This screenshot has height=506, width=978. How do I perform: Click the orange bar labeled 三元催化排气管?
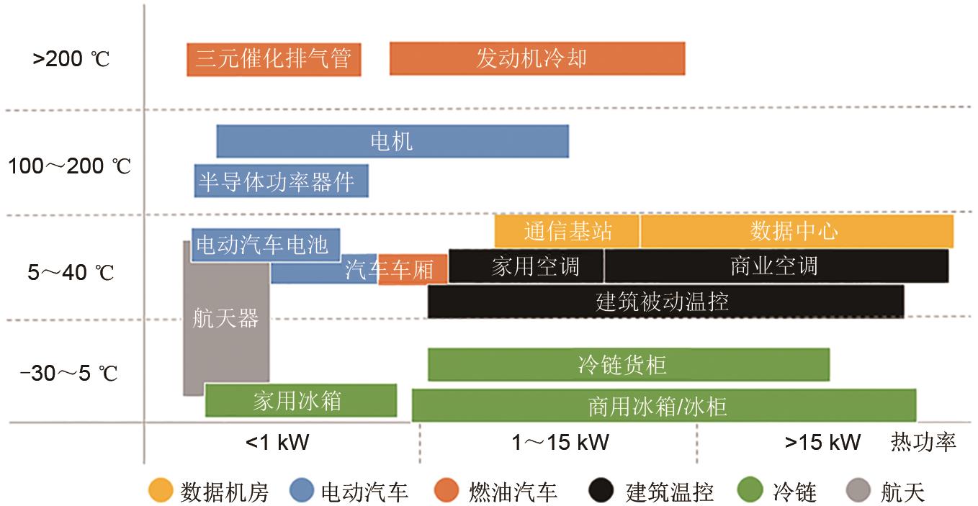coord(274,59)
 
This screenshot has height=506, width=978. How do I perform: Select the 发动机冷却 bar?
coord(537,59)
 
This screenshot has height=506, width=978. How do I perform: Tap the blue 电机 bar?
coord(392,141)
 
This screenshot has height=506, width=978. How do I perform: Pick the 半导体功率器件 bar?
coord(281,181)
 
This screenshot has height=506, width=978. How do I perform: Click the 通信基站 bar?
coord(567,232)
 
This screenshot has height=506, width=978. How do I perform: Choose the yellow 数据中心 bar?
coord(796,232)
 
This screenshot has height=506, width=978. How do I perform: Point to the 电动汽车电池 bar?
coord(265,245)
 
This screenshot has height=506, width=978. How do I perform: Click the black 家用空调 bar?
coord(526,266)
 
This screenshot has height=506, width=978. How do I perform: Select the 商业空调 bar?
coord(776,266)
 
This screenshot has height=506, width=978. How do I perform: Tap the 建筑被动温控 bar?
coord(665,302)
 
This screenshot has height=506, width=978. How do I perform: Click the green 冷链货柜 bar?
coord(628,364)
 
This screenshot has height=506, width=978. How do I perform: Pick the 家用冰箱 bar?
coord(300,400)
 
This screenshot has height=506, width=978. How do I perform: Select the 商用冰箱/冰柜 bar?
coord(663,405)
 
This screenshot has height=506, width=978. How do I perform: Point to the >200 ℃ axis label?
coord(71,59)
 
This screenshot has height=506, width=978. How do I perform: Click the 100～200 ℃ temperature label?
coord(70,167)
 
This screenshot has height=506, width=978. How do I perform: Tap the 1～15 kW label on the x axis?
coord(560,442)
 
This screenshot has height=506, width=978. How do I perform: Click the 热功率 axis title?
coord(924,442)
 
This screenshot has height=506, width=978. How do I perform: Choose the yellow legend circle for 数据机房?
coord(161,492)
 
